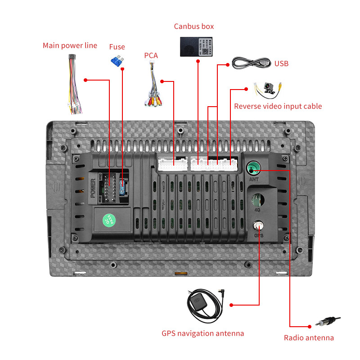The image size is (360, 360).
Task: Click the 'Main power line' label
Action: [x=70, y=45]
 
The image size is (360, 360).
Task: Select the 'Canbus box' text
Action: [x=194, y=26]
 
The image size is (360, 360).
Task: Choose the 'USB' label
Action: [x=281, y=63]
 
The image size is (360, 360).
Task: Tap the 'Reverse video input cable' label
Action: [x=278, y=106]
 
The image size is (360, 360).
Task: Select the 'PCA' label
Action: [x=151, y=55]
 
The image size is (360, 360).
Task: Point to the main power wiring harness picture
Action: [x=73, y=85]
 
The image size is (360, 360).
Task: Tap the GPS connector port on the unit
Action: [x=259, y=225]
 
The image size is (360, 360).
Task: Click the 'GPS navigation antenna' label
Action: [x=202, y=333]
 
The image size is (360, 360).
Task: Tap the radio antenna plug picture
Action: [x=327, y=322]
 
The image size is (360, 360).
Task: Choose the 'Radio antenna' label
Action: [x=309, y=338]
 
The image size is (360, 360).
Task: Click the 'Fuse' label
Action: [x=117, y=47]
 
